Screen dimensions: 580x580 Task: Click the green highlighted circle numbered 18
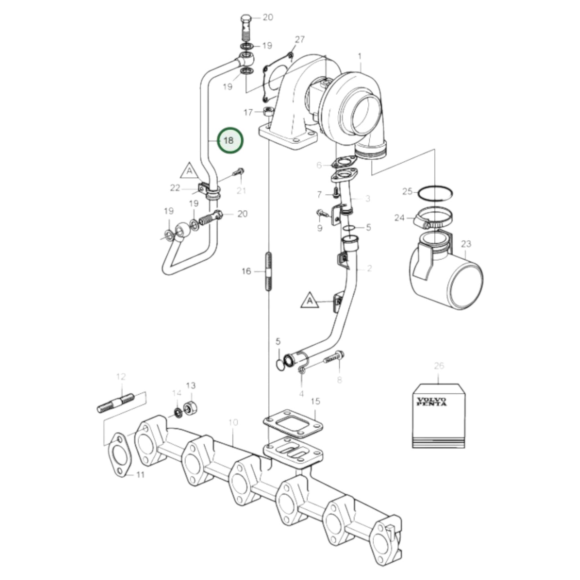click(x=230, y=140)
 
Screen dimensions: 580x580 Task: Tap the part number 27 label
click(x=300, y=39)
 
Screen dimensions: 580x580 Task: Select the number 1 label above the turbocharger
click(x=360, y=56)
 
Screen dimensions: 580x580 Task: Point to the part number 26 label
click(x=439, y=366)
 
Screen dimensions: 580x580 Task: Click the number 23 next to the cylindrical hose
click(x=466, y=244)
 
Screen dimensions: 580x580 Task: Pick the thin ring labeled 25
click(x=435, y=193)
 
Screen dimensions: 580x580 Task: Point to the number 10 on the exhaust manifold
click(x=233, y=422)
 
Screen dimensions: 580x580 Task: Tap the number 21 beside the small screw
click(x=241, y=190)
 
